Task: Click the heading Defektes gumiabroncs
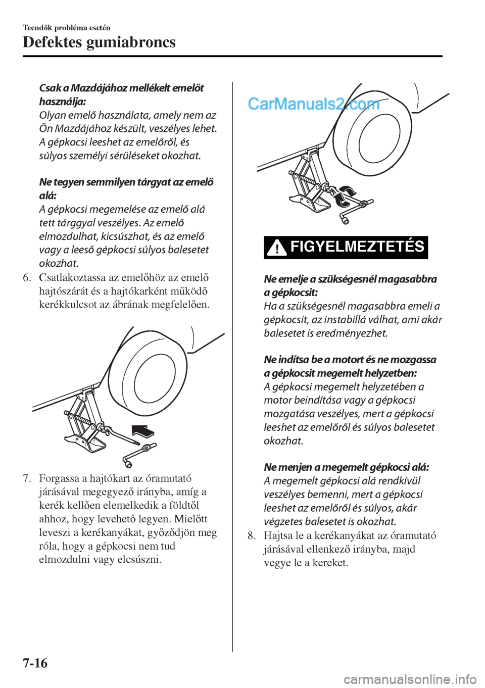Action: [x=100, y=42]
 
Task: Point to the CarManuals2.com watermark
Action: [x=314, y=105]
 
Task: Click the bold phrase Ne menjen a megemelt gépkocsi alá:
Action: [x=347, y=467]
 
